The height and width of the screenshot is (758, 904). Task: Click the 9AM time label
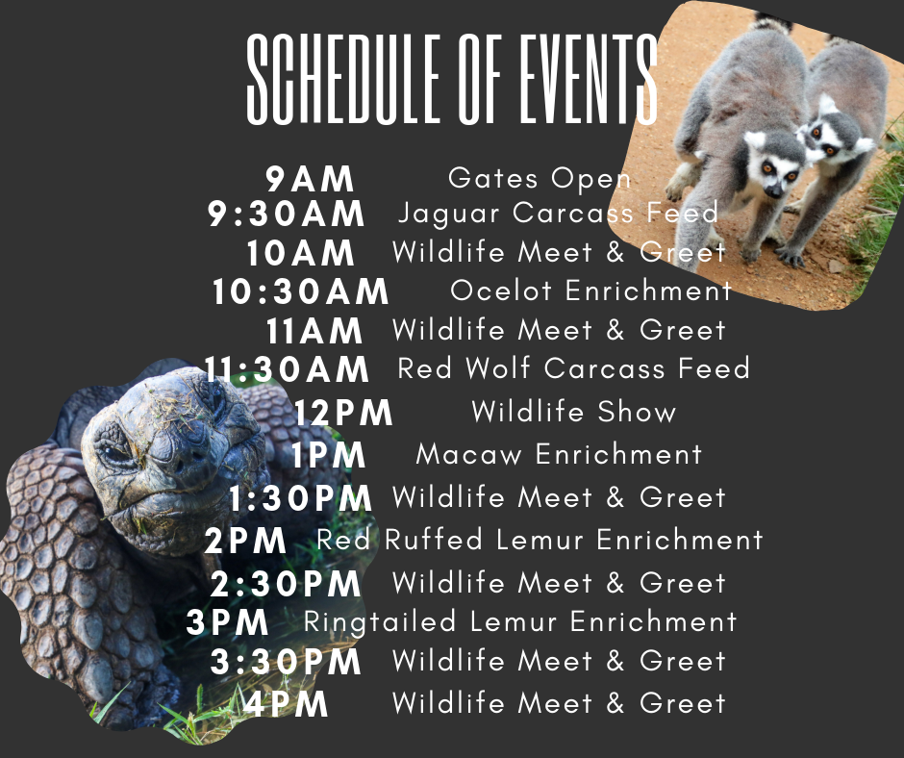pos(310,179)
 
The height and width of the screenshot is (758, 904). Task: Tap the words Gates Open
pos(540,179)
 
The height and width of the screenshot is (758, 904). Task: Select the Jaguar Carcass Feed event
pos(558,213)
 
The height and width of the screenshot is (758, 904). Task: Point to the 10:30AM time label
pos(300,291)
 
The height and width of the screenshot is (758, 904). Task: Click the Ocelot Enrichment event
pos(590,291)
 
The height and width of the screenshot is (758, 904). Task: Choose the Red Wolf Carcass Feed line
pos(573,368)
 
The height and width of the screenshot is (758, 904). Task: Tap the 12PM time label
pos(343,413)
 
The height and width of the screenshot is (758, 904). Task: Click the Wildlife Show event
pos(573,412)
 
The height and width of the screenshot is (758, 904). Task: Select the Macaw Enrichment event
pos(559,454)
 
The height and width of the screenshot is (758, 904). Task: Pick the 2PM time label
pos(245,542)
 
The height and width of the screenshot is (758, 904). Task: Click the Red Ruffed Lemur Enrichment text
pos(540,540)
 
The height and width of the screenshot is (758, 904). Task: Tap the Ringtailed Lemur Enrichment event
pos(520,621)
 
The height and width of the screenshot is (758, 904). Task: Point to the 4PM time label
pos(286,704)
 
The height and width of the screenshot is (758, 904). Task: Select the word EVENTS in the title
pos(589,79)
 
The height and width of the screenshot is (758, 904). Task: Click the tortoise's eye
pos(115,450)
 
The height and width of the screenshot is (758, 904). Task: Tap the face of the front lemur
pos(775,167)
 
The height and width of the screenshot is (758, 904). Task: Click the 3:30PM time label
pos(286,662)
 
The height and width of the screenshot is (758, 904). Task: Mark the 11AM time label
pos(314,331)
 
